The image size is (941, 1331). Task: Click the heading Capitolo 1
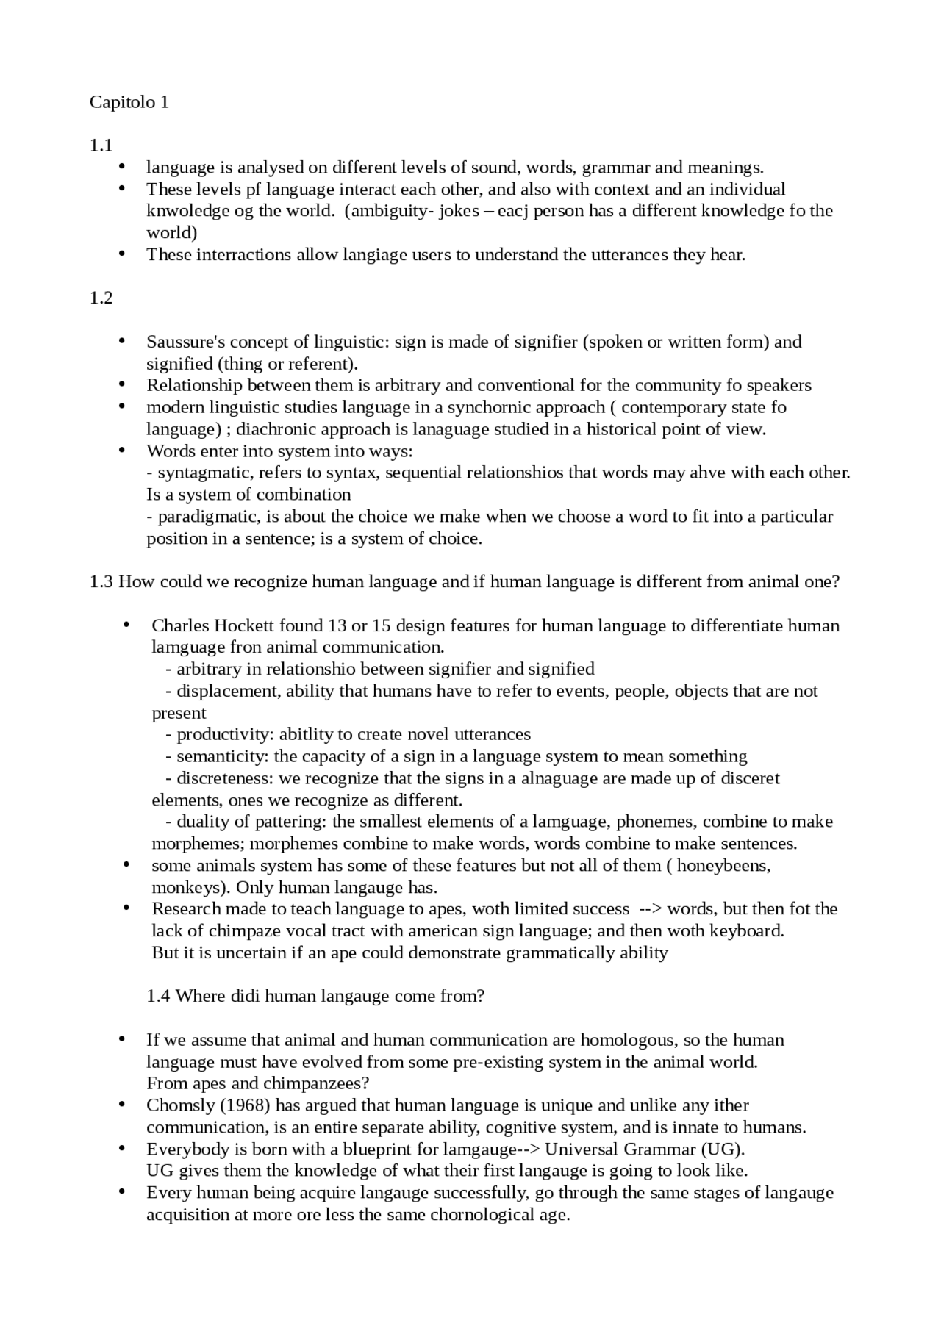(129, 102)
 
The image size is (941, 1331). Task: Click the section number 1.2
(101, 298)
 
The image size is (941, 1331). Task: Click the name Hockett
(245, 625)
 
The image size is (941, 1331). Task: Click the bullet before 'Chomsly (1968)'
(122, 1105)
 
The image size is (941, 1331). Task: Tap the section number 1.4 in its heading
(158, 996)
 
